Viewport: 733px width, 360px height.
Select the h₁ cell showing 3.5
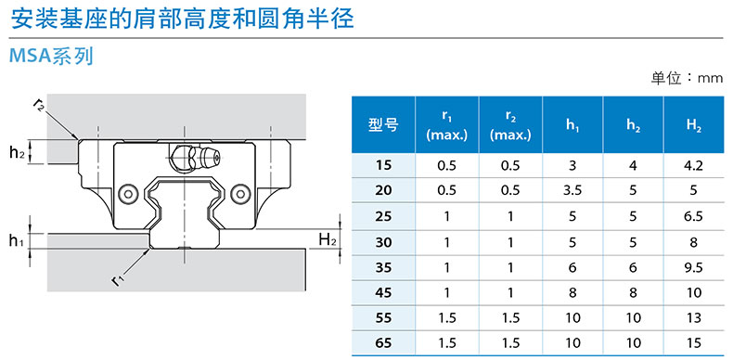pos(572,191)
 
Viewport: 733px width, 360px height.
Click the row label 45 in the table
pos(383,293)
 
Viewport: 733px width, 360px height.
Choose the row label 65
pos(383,343)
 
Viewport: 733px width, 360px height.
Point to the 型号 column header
pos(383,125)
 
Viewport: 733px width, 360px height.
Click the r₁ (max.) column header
pos(447,126)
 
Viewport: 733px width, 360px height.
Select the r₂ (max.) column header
pos(510,126)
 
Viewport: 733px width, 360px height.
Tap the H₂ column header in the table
pos(694,125)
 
